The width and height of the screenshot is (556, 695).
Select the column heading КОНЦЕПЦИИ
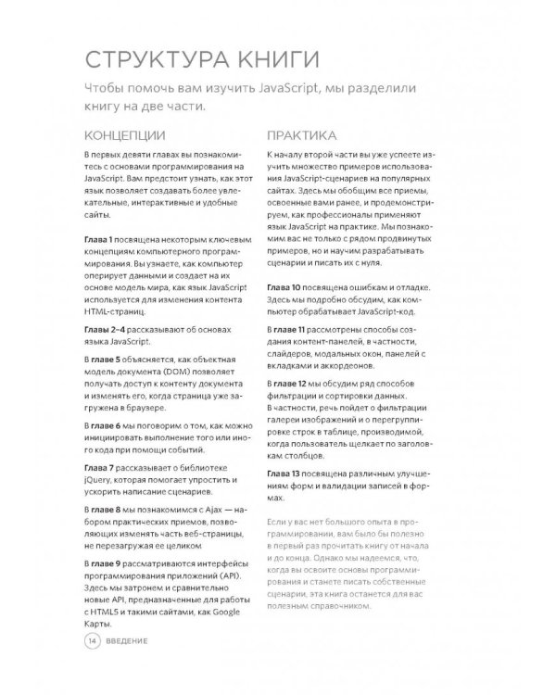pyautogui.click(x=120, y=134)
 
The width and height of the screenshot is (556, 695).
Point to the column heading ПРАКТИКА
pyautogui.click(x=300, y=134)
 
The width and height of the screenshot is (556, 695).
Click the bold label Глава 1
pyautogui.click(x=100, y=239)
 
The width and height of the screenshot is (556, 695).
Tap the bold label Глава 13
pyautogui.click(x=284, y=474)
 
